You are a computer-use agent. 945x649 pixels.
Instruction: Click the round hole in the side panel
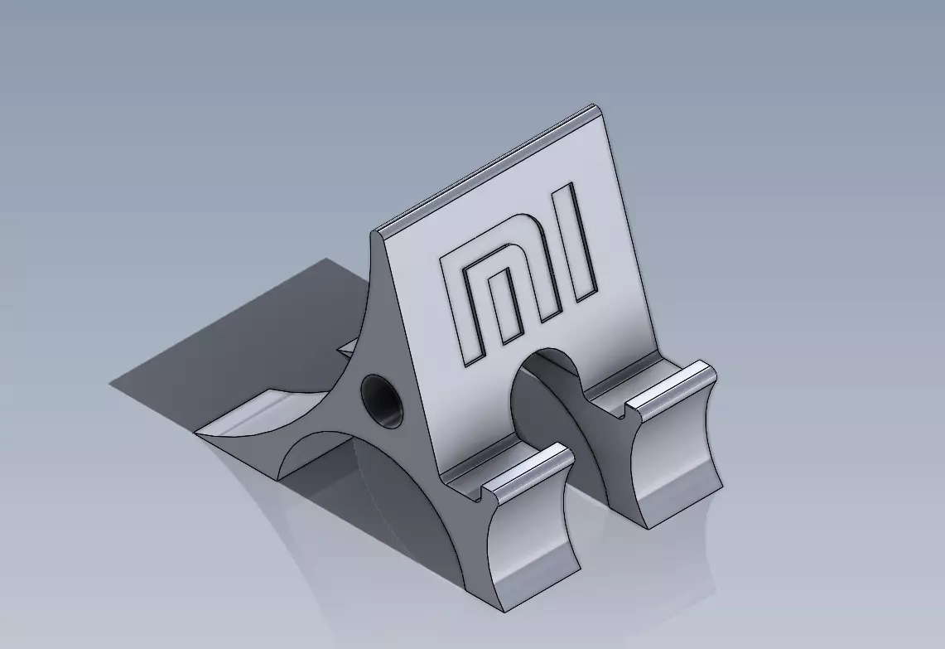[383, 400]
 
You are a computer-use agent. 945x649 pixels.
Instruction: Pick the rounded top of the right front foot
[673, 385]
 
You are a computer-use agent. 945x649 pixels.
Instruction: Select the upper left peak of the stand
[377, 233]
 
